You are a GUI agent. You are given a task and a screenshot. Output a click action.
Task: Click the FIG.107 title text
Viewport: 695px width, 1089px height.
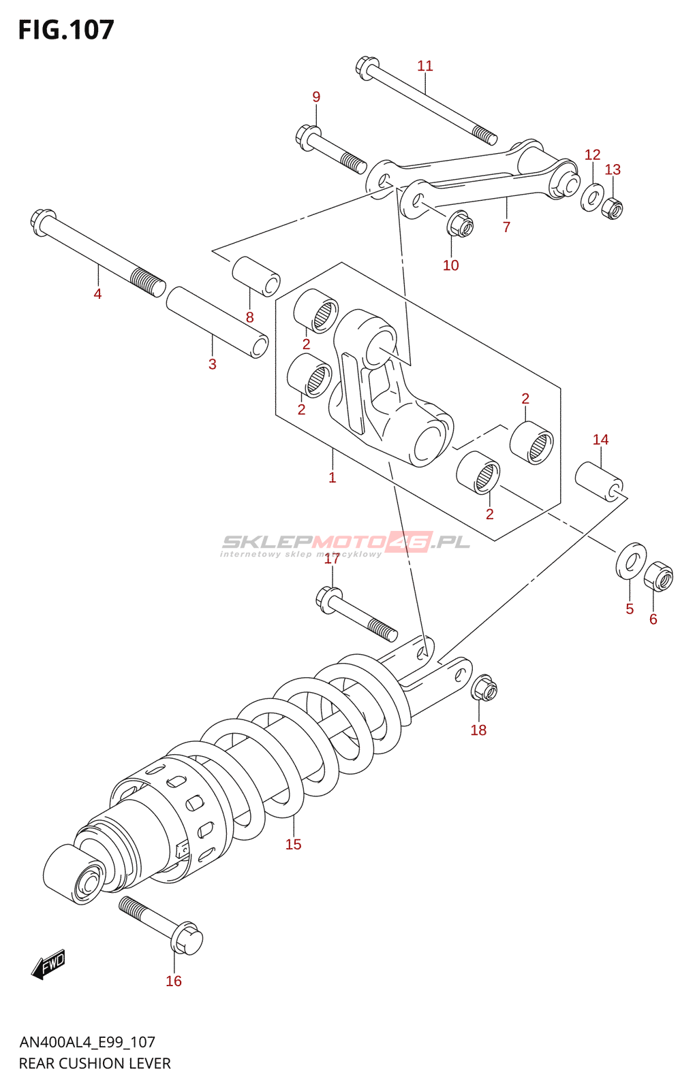pos(66,30)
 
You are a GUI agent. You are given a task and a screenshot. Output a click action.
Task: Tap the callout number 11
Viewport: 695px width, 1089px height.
pos(424,66)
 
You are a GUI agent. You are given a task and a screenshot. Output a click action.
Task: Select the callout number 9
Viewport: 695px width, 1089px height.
pos(316,97)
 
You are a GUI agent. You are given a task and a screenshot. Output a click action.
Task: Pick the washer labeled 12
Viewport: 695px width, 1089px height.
pos(591,198)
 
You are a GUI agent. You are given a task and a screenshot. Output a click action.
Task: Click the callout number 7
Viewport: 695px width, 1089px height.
pos(506,227)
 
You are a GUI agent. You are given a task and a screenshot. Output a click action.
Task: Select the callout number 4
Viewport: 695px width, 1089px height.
pos(97,294)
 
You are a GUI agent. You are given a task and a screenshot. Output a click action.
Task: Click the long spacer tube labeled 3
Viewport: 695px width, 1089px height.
pos(217,322)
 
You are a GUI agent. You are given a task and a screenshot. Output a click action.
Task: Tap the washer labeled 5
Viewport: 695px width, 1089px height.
pos(631,560)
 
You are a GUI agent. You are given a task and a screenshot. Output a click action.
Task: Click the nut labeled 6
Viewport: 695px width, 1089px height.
pos(658,576)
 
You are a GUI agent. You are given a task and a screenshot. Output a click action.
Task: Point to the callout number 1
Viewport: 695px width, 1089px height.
pos(332,478)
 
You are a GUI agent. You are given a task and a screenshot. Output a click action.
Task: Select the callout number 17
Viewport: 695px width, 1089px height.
pos(332,559)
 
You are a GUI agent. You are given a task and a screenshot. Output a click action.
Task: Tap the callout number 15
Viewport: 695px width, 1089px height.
pos(293,845)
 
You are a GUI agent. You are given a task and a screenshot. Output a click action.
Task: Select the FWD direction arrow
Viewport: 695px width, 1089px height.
pos(48,964)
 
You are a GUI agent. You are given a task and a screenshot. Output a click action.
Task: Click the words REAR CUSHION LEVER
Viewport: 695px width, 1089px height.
pos(95,1063)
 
